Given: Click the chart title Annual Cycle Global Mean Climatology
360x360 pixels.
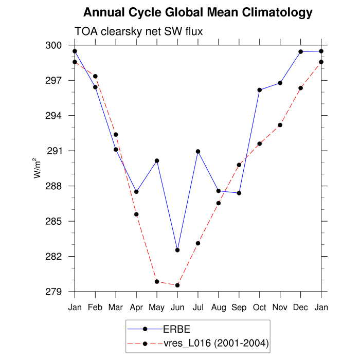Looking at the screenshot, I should click(x=197, y=12).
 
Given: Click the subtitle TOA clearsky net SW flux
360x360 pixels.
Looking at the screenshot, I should click(x=139, y=31).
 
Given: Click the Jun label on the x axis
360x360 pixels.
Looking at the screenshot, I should click(x=177, y=308).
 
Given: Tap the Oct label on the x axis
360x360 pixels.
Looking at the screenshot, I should click(x=260, y=308).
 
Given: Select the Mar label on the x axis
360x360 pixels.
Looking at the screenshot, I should click(x=116, y=308).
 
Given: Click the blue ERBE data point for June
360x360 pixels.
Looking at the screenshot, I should click(x=177, y=250).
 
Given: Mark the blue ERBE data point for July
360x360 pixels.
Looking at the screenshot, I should click(x=198, y=151).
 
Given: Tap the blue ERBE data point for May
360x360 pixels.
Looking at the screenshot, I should click(x=157, y=160).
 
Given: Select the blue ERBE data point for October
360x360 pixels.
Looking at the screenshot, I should click(x=260, y=90).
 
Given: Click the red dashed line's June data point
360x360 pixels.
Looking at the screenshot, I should click(x=177, y=285).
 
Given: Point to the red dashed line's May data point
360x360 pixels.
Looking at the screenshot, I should click(x=157, y=281).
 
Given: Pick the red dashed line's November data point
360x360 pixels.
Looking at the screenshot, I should click(x=280, y=125).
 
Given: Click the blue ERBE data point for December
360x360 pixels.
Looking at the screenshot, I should click(x=301, y=51).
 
